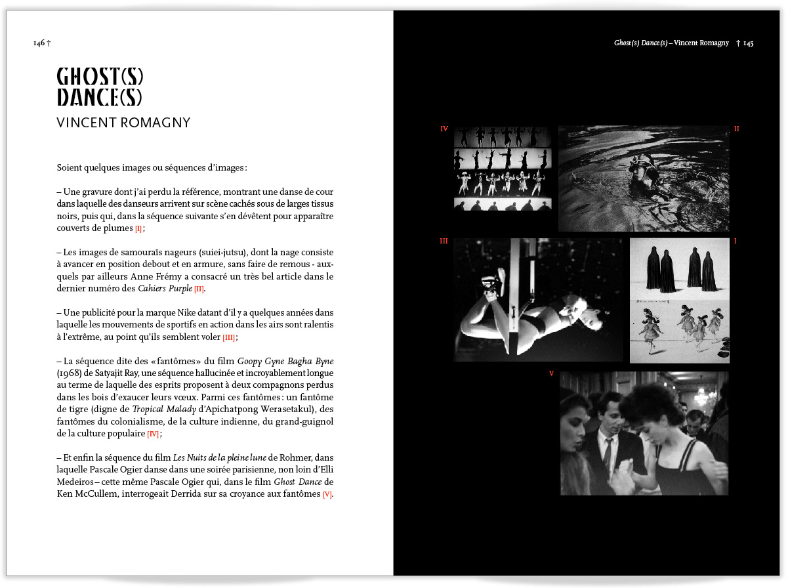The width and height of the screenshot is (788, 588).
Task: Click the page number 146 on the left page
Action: (39, 43)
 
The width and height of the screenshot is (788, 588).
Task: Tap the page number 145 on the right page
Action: (748, 43)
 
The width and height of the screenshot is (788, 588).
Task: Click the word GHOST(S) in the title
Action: (100, 76)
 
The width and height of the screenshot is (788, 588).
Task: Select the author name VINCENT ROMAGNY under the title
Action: (123, 123)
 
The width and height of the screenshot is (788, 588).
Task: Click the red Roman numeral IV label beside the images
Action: (444, 129)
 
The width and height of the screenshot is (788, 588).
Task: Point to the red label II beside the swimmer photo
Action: (736, 129)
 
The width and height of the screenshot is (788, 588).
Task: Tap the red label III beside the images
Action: (444, 241)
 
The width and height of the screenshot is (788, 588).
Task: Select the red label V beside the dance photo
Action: (551, 373)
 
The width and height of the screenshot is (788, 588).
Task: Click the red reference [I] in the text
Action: (138, 229)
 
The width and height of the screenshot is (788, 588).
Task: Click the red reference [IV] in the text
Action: (153, 434)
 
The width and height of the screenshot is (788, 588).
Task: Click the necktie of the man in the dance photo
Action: (608, 453)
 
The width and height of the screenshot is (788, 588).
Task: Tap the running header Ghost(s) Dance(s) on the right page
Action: (640, 43)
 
